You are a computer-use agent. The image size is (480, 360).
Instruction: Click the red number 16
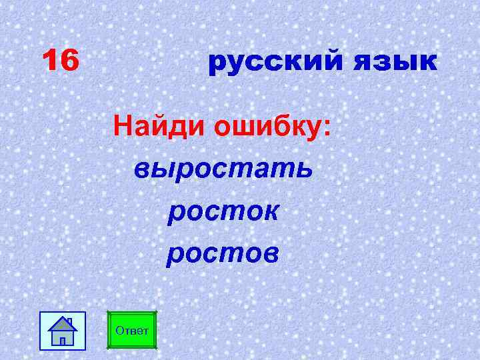(60, 62)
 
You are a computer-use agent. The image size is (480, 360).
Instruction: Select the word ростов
(223, 253)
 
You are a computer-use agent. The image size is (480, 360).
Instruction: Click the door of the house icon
(63, 340)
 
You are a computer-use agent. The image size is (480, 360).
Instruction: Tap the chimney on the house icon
(70, 322)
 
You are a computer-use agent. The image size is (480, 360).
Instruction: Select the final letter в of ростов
(271, 254)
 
